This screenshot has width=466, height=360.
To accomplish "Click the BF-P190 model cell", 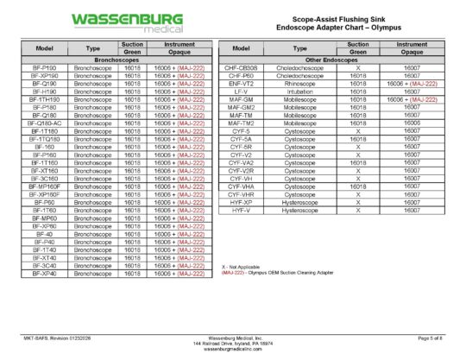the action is (44, 66).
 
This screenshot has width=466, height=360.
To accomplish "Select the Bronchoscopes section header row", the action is (117, 59).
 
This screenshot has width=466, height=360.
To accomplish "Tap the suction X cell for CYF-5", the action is (358, 130).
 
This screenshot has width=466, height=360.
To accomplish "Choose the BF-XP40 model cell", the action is (44, 274).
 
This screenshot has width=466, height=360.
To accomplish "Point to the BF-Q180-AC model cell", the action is (44, 123).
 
